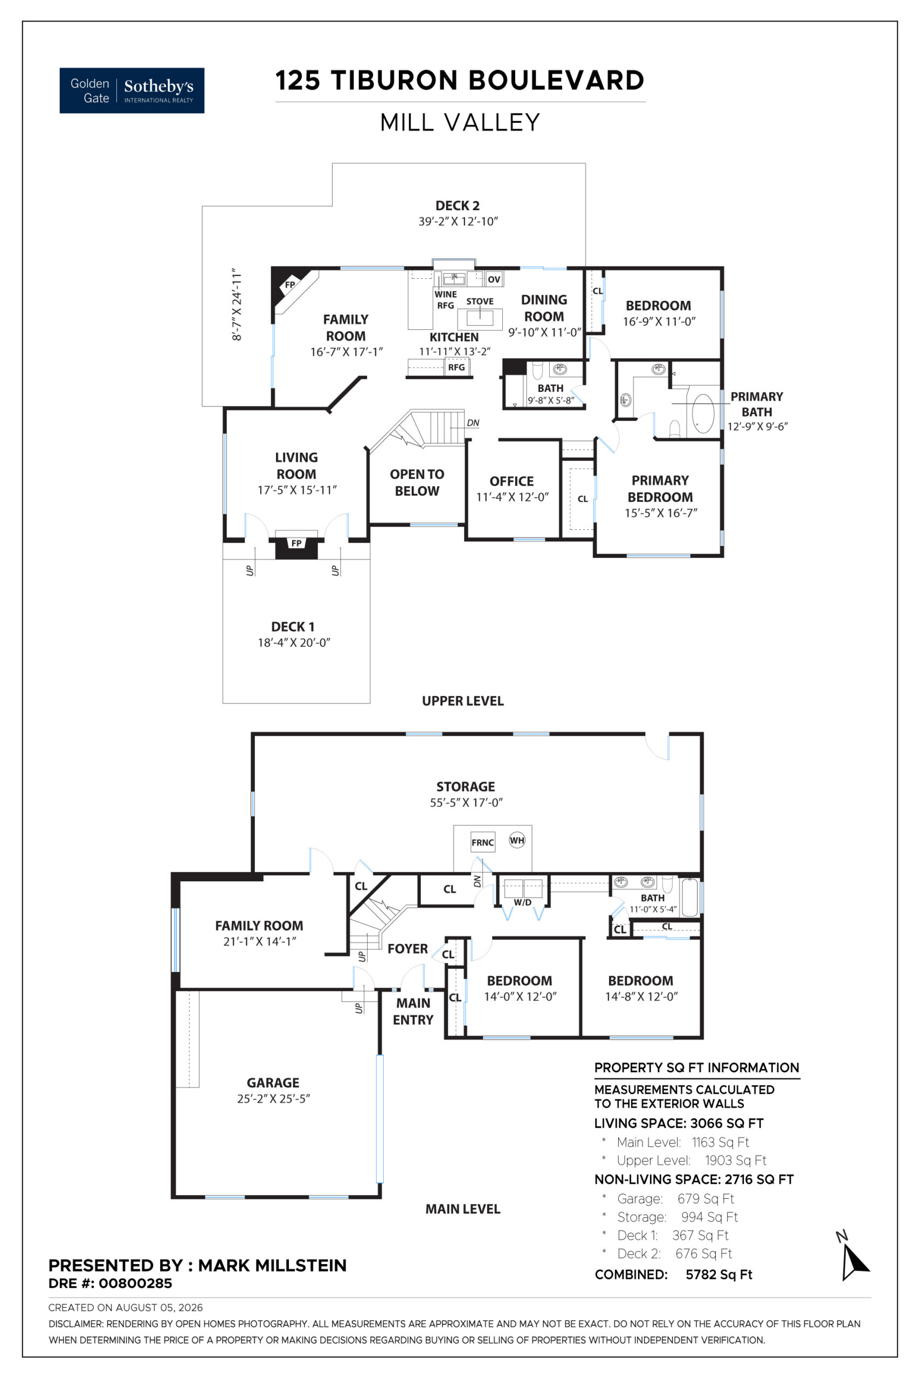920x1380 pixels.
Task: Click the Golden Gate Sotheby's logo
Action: pos(132,91)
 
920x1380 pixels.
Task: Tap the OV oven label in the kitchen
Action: pos(494,279)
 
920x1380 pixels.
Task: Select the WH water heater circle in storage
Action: pos(517,840)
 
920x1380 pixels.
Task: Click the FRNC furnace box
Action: pos(483,843)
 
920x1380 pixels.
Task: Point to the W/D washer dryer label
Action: pos(523,902)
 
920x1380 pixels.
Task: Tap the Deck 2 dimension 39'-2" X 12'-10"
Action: pos(458,221)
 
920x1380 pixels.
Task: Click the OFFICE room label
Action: pos(511,481)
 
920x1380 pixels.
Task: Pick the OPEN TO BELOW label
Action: pos(417,482)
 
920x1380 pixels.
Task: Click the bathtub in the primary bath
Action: pos(703,413)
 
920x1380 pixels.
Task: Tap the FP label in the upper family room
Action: pos(290,285)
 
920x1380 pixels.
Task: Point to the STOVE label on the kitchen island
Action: pos(480,301)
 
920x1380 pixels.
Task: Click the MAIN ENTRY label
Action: pos(413,1011)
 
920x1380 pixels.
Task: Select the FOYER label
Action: pos(408,949)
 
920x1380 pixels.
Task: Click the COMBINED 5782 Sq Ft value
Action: pos(719,1274)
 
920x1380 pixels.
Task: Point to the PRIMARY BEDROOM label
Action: pos(660,489)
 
